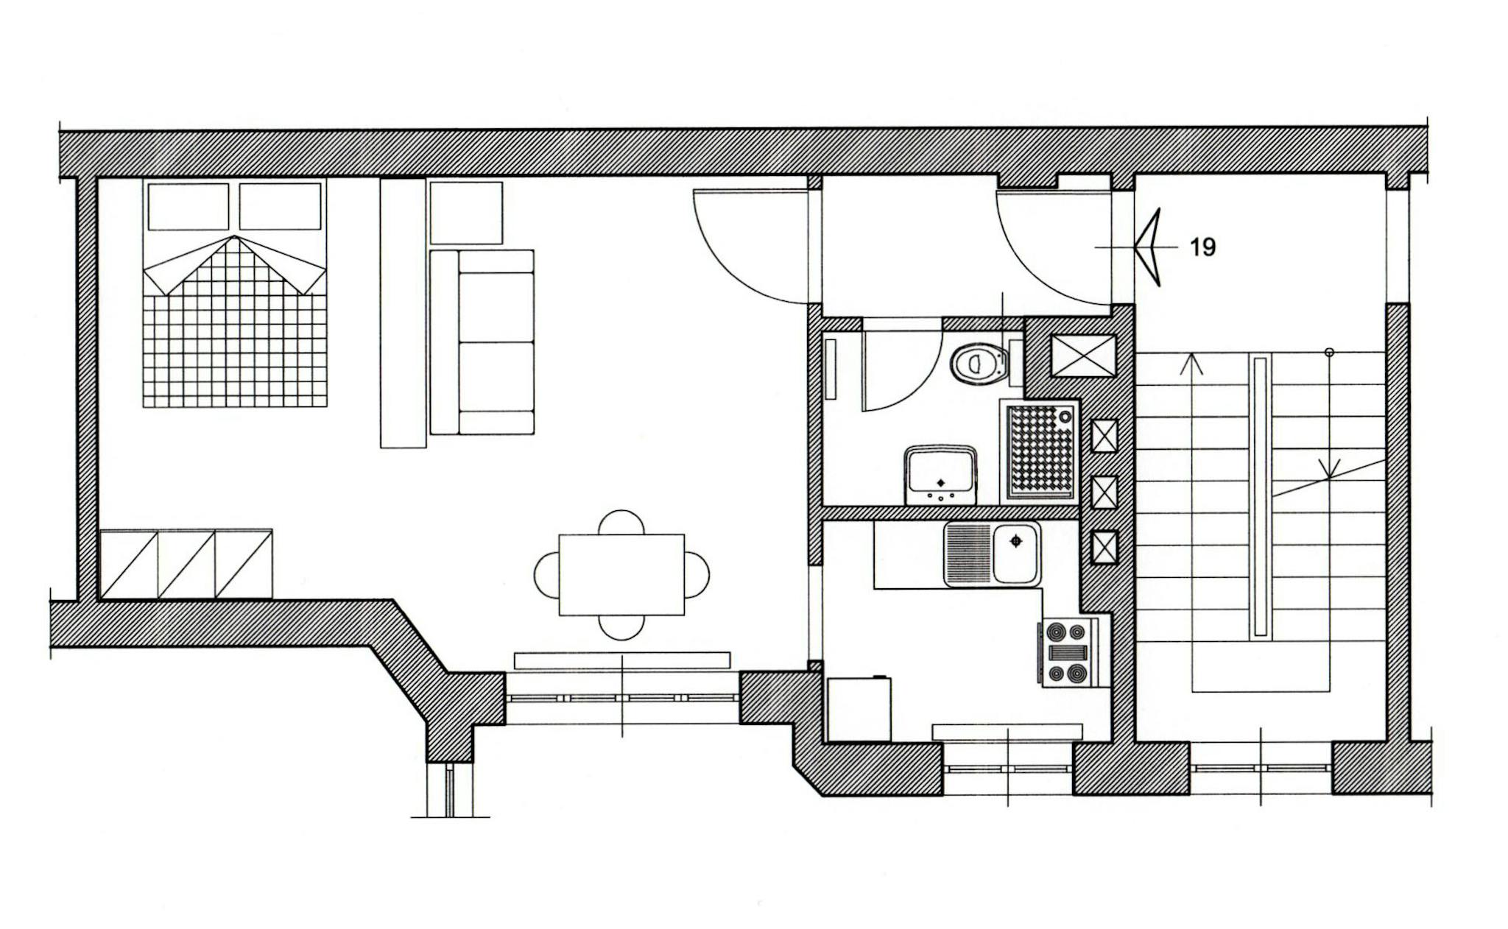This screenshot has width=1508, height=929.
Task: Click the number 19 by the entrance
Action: pos(1202,247)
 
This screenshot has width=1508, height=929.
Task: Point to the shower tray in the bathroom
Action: pos(1040,451)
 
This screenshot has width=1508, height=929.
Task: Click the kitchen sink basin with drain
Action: pos(1016,554)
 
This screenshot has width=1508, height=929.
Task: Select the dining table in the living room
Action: pos(621,574)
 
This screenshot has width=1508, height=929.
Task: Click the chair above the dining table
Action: pos(621,522)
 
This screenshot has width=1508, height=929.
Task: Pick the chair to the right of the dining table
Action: pos(698,575)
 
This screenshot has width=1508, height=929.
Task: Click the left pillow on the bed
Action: pos(188,207)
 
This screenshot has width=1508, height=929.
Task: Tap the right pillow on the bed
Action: pos(280,207)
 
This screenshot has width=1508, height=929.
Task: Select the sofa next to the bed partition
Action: pos(482,342)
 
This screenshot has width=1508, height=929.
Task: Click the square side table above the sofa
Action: pos(466,213)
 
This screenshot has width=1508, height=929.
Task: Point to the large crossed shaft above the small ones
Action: pos(1083,355)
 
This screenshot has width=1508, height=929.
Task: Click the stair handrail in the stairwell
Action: pos(1261,497)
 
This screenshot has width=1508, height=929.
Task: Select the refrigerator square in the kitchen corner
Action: pos(859,709)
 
